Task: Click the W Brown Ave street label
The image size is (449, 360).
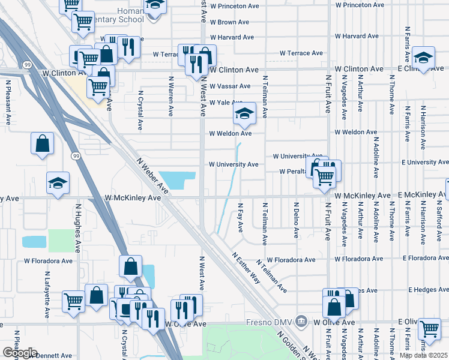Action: [229, 22]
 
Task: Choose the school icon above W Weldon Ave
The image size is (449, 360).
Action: [244, 113]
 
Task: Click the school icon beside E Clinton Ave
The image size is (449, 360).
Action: [423, 58]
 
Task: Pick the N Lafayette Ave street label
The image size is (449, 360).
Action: [47, 294]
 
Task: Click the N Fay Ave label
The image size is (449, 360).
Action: [240, 218]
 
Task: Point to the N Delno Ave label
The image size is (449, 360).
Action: [296, 219]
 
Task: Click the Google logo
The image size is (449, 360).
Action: [20, 353]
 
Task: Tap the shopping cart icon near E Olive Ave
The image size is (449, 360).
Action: [429, 328]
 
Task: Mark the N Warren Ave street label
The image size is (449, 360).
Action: [172, 95]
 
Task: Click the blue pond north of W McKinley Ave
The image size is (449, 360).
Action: [177, 179]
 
